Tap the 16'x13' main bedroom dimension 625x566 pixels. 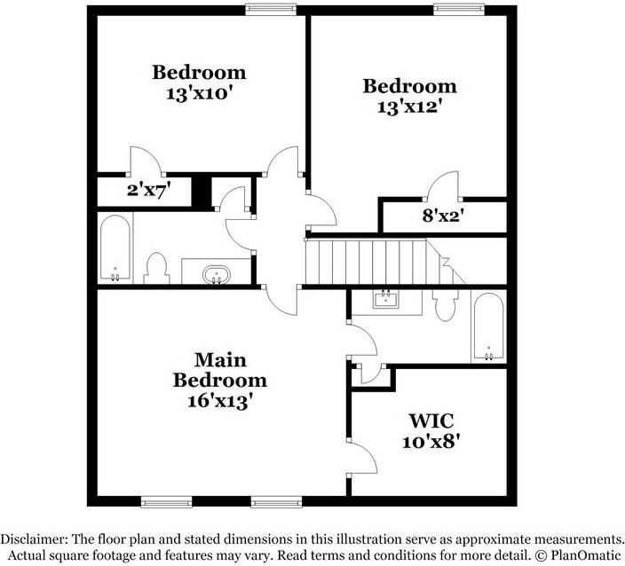coord(219,400)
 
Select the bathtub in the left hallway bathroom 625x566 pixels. coord(115,248)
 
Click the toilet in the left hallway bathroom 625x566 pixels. coord(157,268)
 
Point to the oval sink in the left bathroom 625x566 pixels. coord(216,274)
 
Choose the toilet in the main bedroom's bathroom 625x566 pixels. coord(445,305)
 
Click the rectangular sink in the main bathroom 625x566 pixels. coord(387,299)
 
